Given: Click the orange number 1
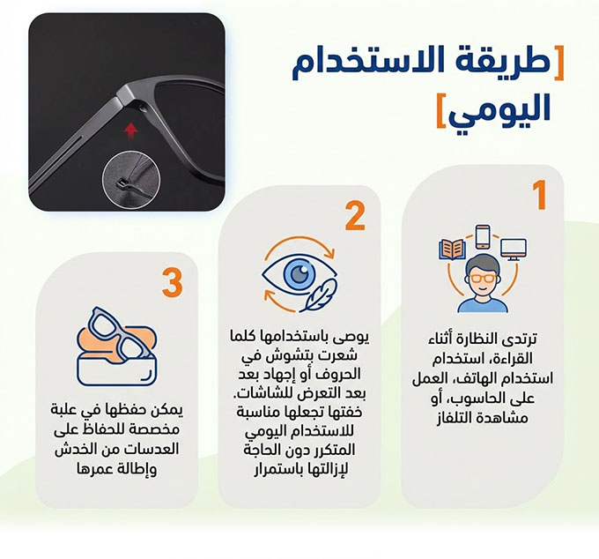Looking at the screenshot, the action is (540, 195).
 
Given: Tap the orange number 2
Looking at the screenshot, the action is (355, 216).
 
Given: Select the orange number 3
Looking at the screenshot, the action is (173, 283).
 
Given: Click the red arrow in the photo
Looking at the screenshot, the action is (130, 130).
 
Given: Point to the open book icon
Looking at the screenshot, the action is (452, 250).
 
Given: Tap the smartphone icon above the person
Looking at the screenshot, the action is (483, 236).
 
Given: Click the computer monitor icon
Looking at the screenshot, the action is (514, 250).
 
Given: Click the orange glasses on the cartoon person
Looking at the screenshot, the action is (482, 279).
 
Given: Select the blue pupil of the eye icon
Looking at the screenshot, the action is (299, 272).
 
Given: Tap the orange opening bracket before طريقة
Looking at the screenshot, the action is (558, 63).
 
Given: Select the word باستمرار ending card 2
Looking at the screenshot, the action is (275, 470).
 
